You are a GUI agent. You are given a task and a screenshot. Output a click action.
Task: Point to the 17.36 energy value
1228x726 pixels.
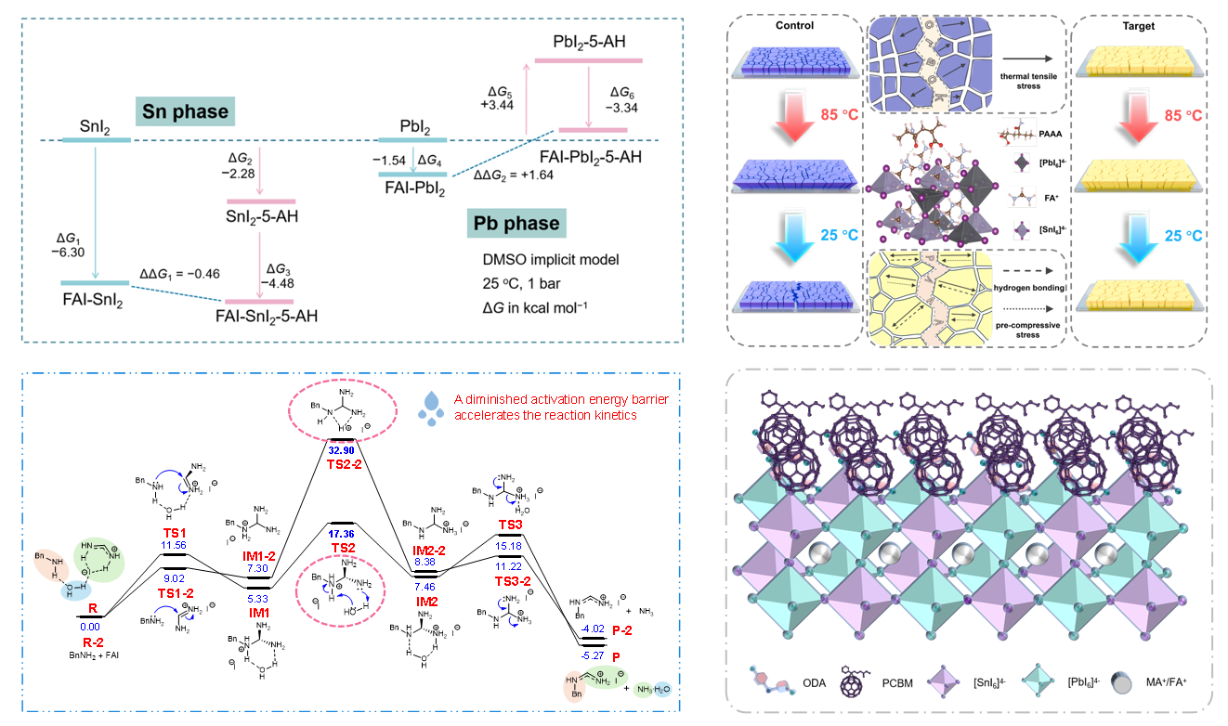click(x=343, y=535)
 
